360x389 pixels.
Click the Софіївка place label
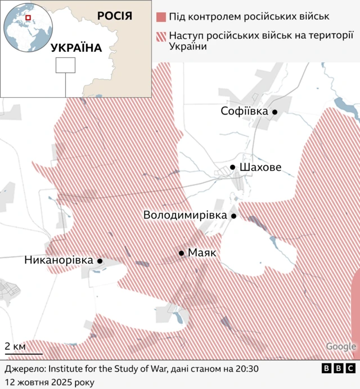pyautogui.click(x=244, y=111)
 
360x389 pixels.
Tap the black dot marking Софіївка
pyautogui.click(x=275, y=112)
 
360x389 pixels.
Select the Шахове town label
pyautogui.click(x=260, y=168)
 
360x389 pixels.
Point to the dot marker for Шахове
pyautogui.click(x=232, y=168)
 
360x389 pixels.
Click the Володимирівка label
pyautogui.click(x=184, y=215)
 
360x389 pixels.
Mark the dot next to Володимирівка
pyautogui.click(x=233, y=216)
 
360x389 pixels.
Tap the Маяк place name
pyautogui.click(x=202, y=253)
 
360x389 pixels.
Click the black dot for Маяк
pyautogui.click(x=182, y=254)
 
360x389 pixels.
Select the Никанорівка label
pyautogui.click(x=58, y=260)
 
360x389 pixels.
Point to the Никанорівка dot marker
pyautogui.click(x=100, y=261)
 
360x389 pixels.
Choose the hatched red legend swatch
pyautogui.click(x=162, y=37)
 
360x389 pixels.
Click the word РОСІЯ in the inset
pyautogui.click(x=114, y=16)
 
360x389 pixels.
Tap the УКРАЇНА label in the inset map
pyautogui.click(x=76, y=48)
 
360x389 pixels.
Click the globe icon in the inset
pyautogui.click(x=26, y=27)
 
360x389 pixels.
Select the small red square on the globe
pyautogui.click(x=26, y=19)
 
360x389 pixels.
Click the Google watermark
pyautogui.click(x=341, y=347)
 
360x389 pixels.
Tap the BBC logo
pyautogui.click(x=338, y=369)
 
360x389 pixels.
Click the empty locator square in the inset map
pyautogui.click(x=65, y=65)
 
